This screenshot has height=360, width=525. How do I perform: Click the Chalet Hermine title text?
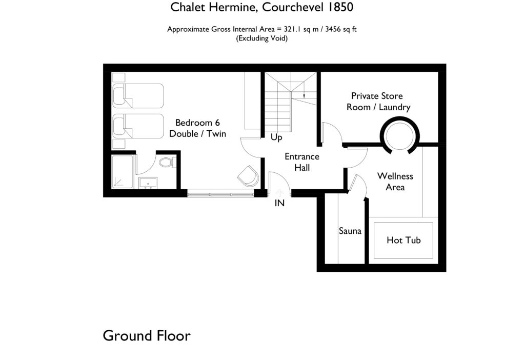[x=262, y=7]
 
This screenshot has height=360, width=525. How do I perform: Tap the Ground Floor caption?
[x=147, y=336]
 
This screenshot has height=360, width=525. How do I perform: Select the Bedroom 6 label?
[x=197, y=128]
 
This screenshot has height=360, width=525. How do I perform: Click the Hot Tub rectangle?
[x=403, y=240]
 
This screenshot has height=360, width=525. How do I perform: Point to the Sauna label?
[x=350, y=231]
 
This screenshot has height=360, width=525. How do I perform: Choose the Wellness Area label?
[x=395, y=182]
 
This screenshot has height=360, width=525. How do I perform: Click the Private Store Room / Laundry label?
[x=378, y=102]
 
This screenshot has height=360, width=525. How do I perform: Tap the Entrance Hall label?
[x=302, y=162]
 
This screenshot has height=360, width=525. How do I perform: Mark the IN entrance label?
[x=279, y=203]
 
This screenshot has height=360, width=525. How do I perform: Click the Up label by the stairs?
[x=276, y=137]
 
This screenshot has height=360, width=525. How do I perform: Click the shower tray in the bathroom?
[x=123, y=172]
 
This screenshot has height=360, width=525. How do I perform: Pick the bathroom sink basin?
[x=149, y=182]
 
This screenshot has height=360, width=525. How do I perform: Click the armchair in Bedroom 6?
[x=249, y=175]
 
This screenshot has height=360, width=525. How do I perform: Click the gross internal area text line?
[x=261, y=29]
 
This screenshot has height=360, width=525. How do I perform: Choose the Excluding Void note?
[x=261, y=38]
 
